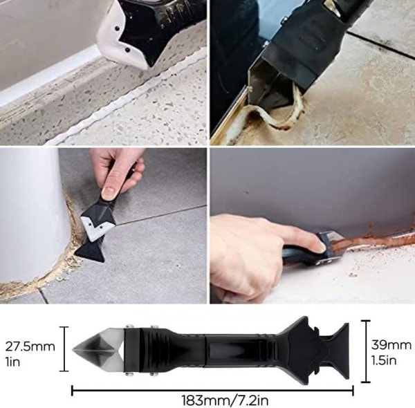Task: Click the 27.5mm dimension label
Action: [x=30, y=346]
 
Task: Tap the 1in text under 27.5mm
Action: [x=12, y=362]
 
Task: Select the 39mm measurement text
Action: [x=391, y=345]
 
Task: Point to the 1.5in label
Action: [x=384, y=360]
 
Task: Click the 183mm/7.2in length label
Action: [x=225, y=400]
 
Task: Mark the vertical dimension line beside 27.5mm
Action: [x=64, y=349]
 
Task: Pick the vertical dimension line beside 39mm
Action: [x=365, y=351]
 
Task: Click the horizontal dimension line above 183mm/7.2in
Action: [x=212, y=390]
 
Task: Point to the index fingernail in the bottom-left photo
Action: [x=108, y=190]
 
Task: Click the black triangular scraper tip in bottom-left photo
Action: [x=89, y=252]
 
